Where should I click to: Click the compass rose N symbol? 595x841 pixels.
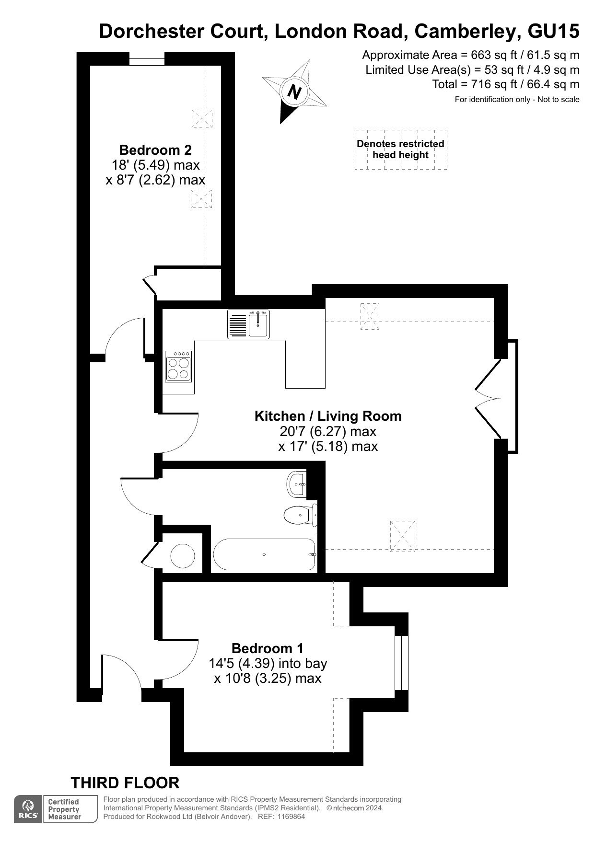[x=294, y=92]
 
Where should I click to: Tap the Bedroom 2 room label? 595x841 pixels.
[x=155, y=150]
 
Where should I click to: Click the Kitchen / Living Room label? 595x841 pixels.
[x=328, y=416]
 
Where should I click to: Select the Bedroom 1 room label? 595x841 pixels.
[x=267, y=648]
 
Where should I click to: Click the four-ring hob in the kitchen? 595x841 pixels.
[x=178, y=367]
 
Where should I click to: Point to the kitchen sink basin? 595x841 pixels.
[x=258, y=324]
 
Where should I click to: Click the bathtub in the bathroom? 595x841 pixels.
[x=264, y=554]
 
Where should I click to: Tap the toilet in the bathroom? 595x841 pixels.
[x=299, y=515]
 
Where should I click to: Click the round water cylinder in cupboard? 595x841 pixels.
[x=183, y=556]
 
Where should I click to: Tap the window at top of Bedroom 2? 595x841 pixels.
[x=147, y=58]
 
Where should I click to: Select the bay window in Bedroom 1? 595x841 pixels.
[x=401, y=663]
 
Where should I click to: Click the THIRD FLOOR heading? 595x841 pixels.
[x=125, y=783]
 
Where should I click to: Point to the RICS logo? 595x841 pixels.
[x=28, y=809]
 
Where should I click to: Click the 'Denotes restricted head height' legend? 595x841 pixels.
[x=400, y=149]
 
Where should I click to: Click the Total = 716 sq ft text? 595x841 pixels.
[x=505, y=84]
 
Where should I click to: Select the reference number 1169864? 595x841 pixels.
[x=288, y=817]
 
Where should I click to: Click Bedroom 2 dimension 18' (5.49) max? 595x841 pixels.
[x=155, y=165]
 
